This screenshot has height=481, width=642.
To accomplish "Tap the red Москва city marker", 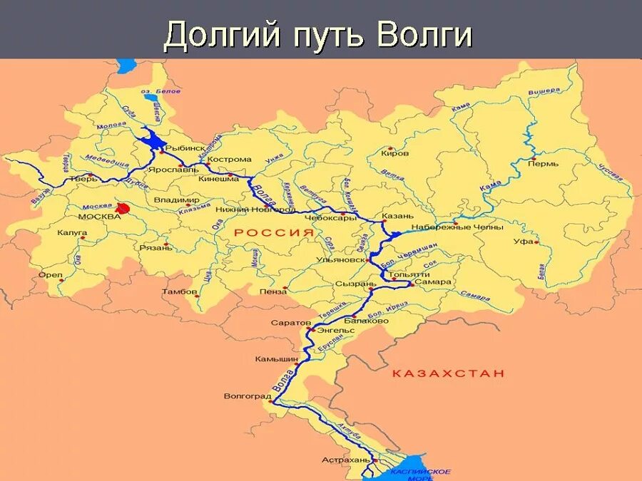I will (123, 209).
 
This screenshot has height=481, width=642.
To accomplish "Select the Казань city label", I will (397, 216).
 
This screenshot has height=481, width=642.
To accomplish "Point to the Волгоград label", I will (248, 396).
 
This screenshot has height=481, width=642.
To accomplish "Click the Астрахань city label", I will (346, 460).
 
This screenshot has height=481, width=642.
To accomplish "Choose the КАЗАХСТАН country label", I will (449, 373).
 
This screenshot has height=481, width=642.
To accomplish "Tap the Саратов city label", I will (287, 323).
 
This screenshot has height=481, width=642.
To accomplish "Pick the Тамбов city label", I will (178, 291).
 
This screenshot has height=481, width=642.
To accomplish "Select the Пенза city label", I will (273, 291).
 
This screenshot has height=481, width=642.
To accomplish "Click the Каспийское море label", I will (421, 474).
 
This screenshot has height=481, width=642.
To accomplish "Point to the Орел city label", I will (51, 274).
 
